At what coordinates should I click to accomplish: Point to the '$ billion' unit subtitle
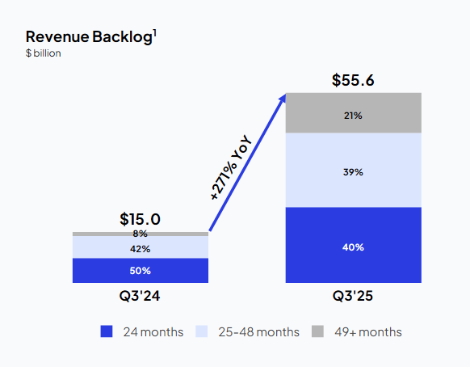44,53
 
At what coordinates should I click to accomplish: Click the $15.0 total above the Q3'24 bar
140,219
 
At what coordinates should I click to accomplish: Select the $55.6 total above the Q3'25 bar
353,81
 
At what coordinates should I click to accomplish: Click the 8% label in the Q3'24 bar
140,234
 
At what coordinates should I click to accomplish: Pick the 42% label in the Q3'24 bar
140,248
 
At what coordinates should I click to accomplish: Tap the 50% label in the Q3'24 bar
140,271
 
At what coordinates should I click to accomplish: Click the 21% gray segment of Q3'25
353,115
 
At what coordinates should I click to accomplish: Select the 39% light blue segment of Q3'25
353,171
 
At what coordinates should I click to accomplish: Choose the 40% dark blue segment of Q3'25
353,246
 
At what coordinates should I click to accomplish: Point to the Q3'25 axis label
353,297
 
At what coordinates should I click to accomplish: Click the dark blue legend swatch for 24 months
107,332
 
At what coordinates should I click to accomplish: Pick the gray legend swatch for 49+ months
317,332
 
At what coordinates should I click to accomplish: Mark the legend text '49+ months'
367,332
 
